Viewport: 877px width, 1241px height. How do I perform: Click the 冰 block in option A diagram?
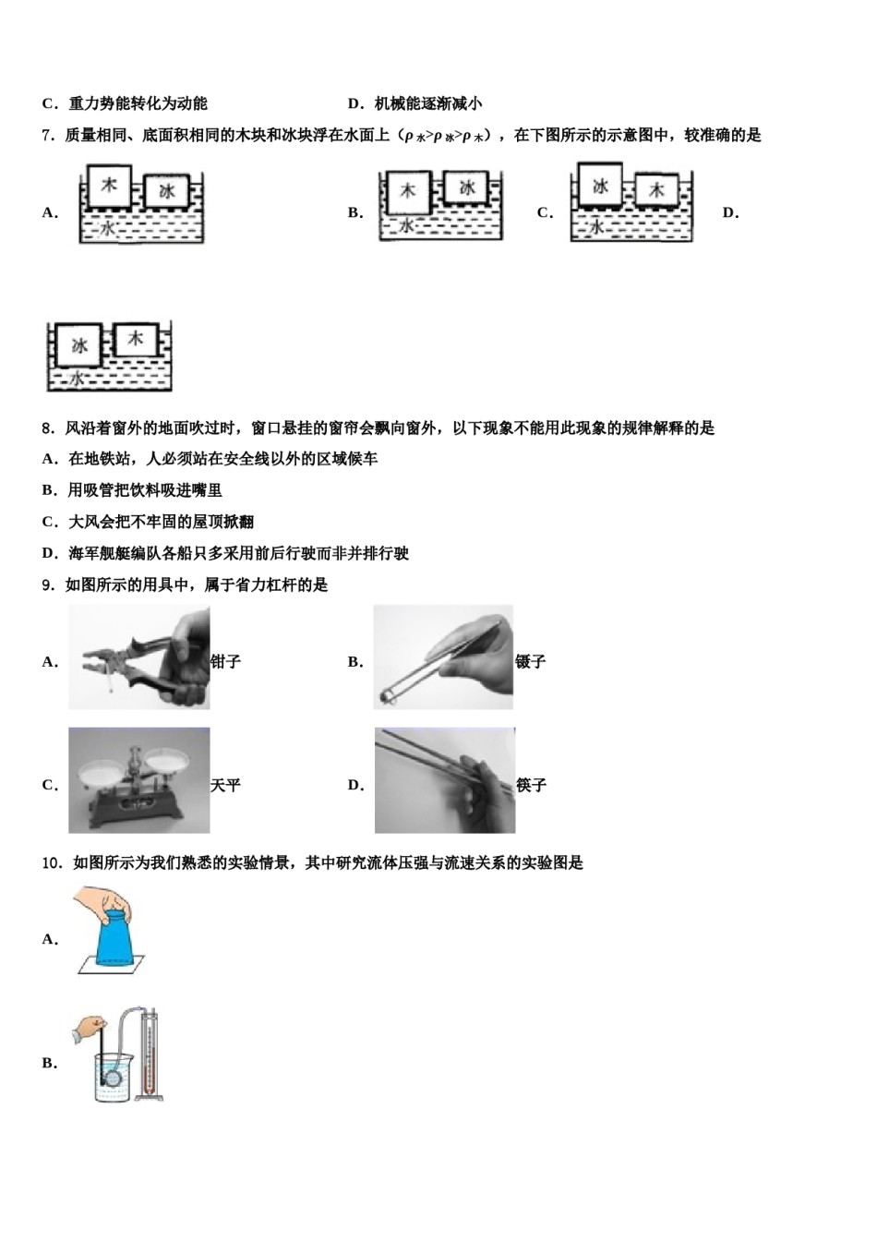167,191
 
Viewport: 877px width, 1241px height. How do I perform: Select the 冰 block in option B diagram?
467,187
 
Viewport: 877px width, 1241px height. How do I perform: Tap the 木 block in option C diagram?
656,190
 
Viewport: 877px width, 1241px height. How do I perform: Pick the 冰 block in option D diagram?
79,345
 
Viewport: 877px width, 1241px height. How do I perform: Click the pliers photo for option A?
138,657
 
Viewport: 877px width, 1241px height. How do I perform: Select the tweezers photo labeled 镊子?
443,657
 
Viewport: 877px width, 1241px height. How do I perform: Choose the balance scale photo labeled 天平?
138,780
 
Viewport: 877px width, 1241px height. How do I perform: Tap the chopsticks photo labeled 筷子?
444,780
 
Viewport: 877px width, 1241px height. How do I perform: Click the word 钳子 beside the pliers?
226,662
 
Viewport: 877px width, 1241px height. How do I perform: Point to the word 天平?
225,786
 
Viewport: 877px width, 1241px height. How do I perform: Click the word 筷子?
531,786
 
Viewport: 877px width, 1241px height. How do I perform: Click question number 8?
49,428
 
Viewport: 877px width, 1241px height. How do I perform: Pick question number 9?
49,585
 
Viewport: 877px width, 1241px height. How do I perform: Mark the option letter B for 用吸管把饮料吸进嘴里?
49,491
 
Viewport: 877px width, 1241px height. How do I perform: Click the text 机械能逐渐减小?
428,104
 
